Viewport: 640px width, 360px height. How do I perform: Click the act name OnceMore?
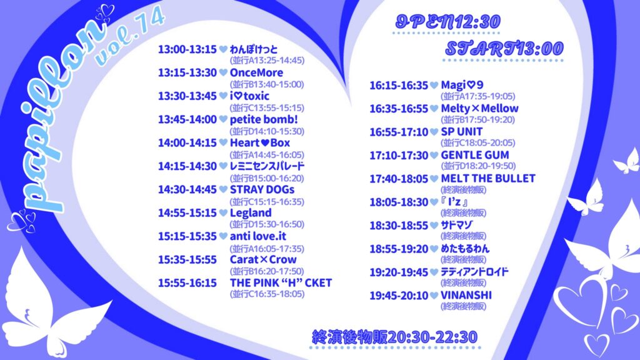pos(256,72)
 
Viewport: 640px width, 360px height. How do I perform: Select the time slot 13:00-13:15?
pos(187,49)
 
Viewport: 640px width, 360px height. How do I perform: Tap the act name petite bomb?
pos(264,119)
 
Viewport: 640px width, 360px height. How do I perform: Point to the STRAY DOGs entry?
pos(262,190)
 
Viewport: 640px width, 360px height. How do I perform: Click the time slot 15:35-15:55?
pos(187,259)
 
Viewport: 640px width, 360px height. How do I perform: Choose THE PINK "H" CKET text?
pos(281,283)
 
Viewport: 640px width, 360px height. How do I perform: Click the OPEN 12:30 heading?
pos(447,22)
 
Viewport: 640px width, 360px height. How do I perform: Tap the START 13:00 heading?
pos(504,49)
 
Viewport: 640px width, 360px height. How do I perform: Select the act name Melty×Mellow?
pos(479,109)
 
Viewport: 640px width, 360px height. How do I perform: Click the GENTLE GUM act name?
pos(475,155)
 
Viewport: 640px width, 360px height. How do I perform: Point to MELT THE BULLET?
pos(487,178)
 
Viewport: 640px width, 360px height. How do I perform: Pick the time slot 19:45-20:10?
pos(399,296)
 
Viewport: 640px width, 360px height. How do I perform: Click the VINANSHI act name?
pos(466,295)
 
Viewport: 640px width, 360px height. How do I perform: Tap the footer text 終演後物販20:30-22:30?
pos(394,337)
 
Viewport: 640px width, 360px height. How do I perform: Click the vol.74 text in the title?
pos(130,37)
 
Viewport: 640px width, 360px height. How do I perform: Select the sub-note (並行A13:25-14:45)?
pos(267,61)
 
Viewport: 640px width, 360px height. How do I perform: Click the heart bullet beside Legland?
pos(223,212)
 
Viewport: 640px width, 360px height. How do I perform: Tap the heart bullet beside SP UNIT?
pos(434,132)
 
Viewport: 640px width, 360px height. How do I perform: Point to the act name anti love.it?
pos(258,236)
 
